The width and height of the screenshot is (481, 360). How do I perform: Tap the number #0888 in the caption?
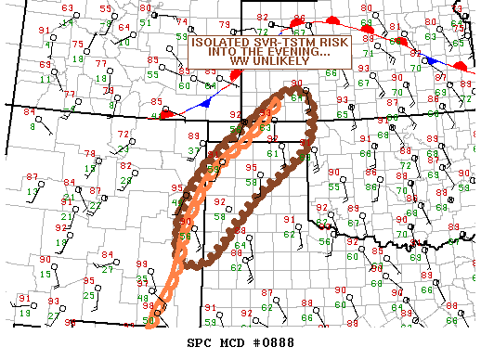267,344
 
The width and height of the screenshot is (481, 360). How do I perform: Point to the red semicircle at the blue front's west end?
168,114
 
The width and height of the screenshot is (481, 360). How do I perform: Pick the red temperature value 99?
141,265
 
